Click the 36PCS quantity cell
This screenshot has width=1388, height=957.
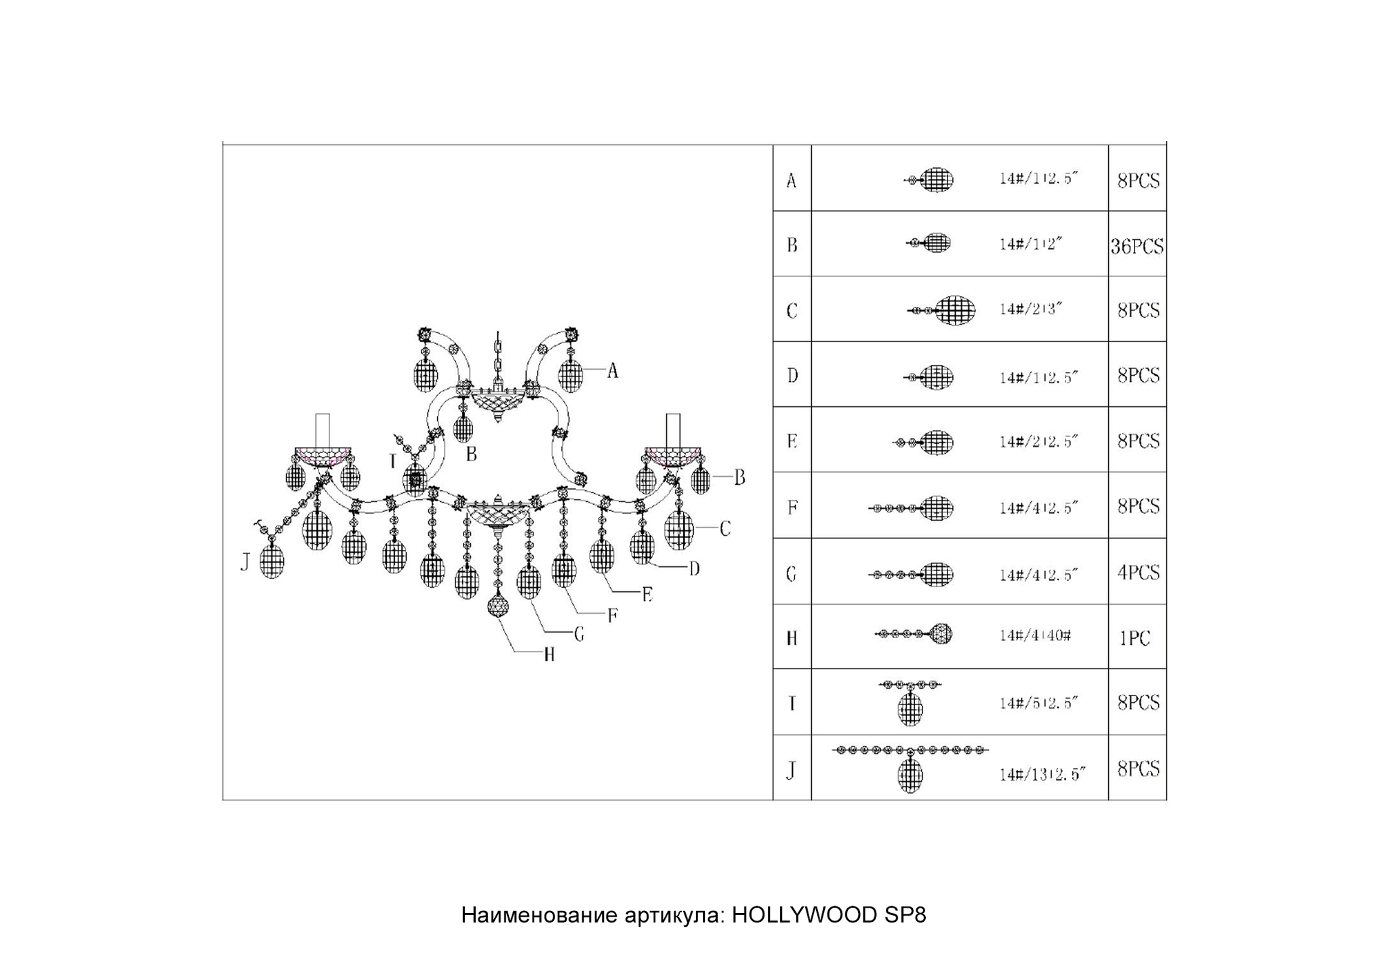click(1137, 246)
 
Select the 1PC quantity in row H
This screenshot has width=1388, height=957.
click(1135, 638)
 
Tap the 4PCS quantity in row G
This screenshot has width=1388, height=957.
click(1138, 573)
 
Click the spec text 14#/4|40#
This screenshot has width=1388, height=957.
click(1035, 635)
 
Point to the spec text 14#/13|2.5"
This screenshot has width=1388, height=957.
click(1042, 773)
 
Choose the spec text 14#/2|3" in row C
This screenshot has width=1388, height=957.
click(1030, 309)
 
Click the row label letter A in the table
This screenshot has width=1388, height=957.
click(791, 181)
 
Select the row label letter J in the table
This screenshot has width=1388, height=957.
click(790, 771)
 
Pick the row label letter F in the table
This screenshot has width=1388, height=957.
click(792, 507)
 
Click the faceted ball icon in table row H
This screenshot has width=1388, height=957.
click(940, 634)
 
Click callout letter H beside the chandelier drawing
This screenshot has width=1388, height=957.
click(549, 654)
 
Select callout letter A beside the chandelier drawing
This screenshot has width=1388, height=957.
click(612, 370)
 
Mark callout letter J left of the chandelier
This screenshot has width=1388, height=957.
click(245, 561)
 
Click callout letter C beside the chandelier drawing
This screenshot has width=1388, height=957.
click(724, 529)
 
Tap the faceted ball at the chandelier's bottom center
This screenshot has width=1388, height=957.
click(499, 606)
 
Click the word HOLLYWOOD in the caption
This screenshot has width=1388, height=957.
click(804, 915)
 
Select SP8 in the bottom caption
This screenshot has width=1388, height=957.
click(905, 915)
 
